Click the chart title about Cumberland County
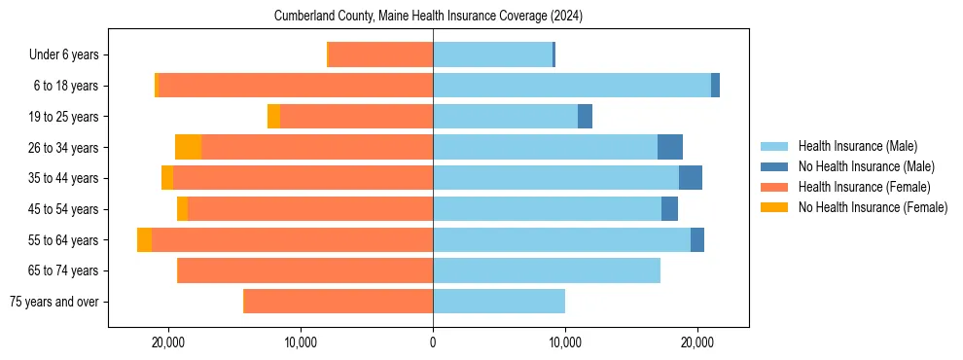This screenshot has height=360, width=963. pos(434,17)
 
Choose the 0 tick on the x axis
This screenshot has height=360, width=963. pos(433,342)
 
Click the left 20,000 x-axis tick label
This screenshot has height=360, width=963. pos(169,342)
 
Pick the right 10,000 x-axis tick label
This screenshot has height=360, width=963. pos(565,342)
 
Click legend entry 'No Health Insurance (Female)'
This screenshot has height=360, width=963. pos(873,207)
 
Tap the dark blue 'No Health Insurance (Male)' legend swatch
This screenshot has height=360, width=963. pos(774,166)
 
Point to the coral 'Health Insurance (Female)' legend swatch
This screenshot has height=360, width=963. pos(774,187)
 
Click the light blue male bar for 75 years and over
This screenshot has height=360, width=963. pos(499,302)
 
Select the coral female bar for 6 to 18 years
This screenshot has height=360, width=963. pos(295,86)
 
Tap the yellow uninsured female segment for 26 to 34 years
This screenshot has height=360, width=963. pos(188,147)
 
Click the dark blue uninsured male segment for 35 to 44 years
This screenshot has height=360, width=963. pos(691,178)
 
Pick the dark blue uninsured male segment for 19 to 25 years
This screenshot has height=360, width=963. pos(585,117)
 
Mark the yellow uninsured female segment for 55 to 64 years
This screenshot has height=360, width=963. pos(144,240)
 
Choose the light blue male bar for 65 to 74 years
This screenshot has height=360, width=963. pos(547,270)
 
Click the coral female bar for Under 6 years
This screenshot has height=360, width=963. pos(381,55)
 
